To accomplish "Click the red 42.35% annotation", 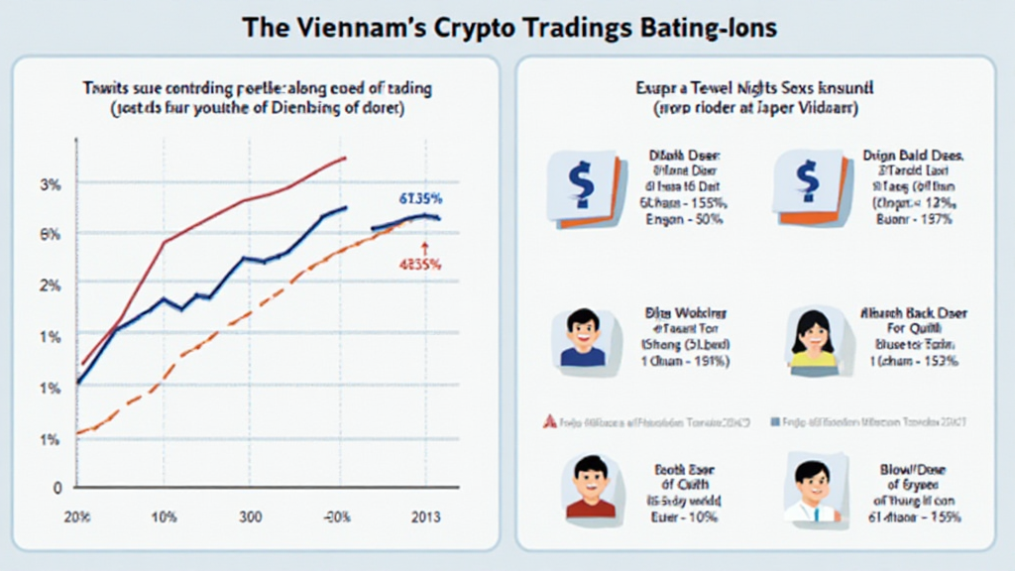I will pos(419,265).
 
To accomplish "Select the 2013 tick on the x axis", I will pos(426,518).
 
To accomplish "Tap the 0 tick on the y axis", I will pos(57,488).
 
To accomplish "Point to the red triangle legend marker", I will pos(546,420).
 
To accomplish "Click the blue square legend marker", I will pos(774,420).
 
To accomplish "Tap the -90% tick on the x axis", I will pos(338,518).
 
